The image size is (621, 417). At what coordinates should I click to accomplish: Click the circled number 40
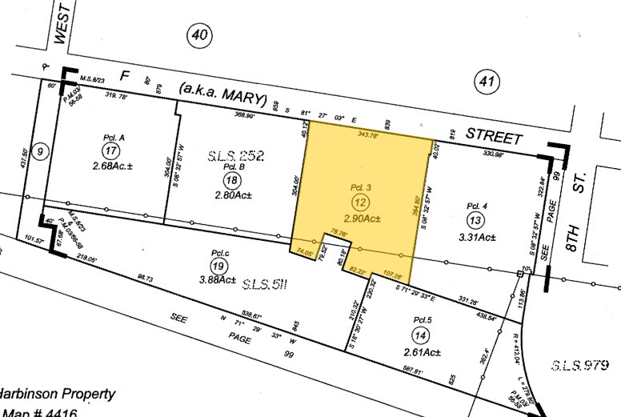click(200, 34)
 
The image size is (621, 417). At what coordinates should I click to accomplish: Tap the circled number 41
click(486, 80)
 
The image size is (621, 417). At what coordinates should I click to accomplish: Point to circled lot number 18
click(232, 181)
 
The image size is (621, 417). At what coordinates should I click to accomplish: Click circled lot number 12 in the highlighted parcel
click(360, 204)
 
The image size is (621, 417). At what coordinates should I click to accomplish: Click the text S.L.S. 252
click(236, 155)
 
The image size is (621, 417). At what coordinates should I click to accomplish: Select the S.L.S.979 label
click(577, 366)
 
